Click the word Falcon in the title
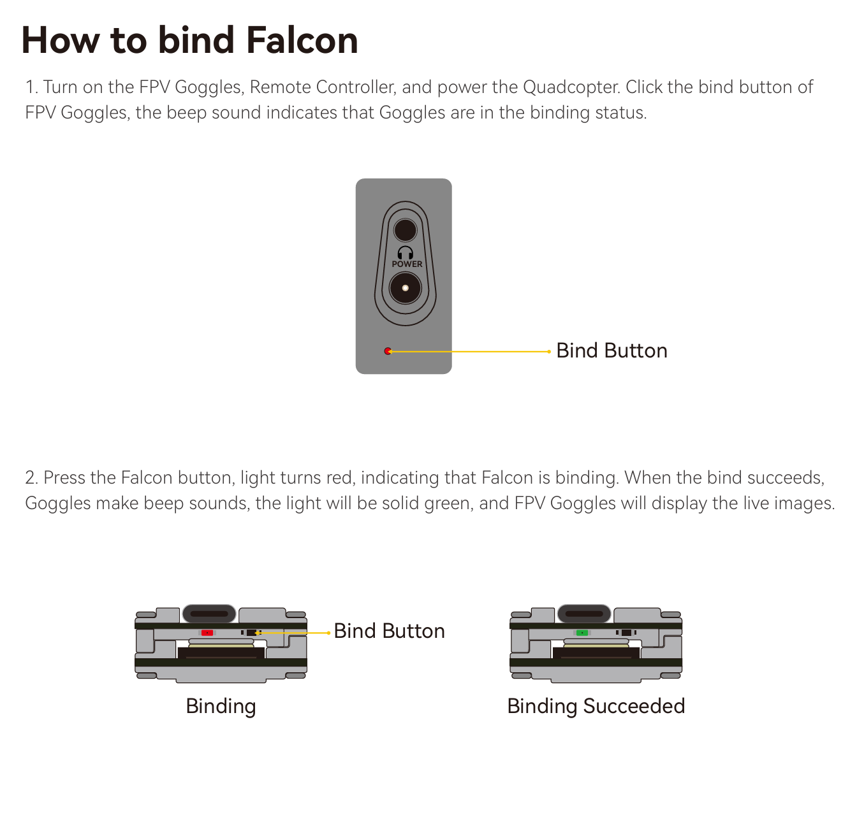coord(302,40)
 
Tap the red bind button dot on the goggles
coord(388,351)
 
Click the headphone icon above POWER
coord(406,252)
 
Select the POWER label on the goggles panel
coord(407,264)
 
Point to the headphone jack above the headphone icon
coord(406,231)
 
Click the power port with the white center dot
coord(406,288)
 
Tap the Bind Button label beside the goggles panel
coord(612,350)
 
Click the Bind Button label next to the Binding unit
coord(389,631)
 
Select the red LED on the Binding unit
coord(207,633)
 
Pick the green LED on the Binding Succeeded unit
coord(582,633)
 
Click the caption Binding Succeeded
coord(596,706)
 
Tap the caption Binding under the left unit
coord(221,707)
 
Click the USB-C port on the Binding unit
coord(209,614)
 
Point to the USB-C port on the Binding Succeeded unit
coord(584,614)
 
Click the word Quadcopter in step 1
coord(571,87)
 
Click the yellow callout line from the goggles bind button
coord(469,352)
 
